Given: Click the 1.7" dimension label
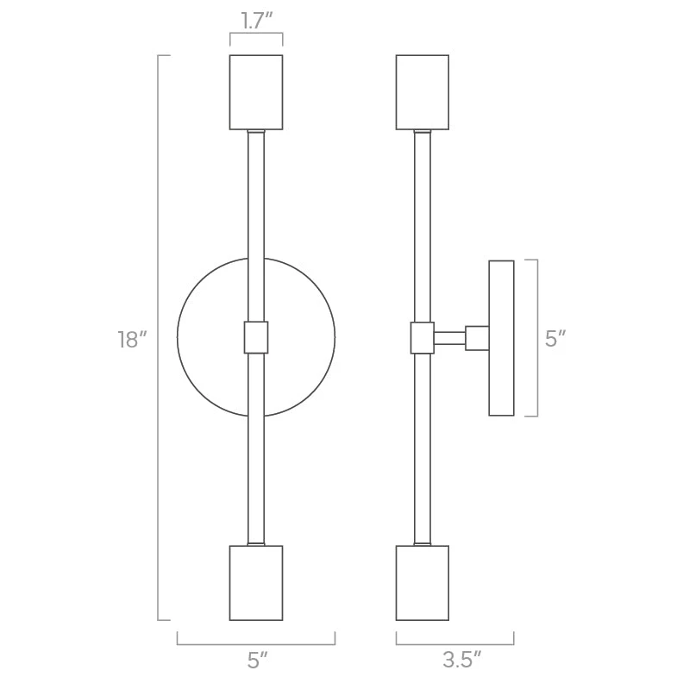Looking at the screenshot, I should (256, 22).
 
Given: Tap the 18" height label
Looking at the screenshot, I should (128, 339).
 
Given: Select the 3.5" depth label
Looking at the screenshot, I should (461, 661).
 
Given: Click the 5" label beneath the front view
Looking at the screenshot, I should (256, 661).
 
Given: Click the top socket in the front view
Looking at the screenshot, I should (256, 92).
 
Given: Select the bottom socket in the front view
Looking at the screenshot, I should (256, 582).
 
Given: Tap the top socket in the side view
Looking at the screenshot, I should (422, 92).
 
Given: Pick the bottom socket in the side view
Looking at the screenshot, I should (422, 582).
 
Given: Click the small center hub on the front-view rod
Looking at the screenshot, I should (256, 337).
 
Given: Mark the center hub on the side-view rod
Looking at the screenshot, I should (422, 337).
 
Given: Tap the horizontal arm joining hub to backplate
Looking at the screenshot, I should (449, 337).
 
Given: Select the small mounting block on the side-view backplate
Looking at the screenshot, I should (477, 337).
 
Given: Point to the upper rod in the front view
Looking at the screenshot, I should (256, 224).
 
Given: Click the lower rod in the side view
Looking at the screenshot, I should (422, 448).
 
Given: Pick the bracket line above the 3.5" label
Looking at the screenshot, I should (454, 644).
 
